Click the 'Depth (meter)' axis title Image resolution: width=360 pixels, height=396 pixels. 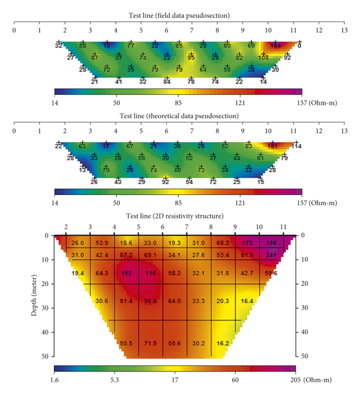35,295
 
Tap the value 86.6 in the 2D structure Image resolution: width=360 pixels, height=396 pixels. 150,301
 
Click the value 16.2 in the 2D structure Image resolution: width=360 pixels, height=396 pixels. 223,344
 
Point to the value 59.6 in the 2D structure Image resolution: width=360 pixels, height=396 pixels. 271,274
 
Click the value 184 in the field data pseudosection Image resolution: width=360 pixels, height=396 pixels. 275,46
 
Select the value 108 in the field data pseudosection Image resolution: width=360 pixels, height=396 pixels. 263,58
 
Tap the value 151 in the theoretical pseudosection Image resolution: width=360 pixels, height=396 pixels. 273,146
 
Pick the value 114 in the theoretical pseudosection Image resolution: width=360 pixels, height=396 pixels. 296,146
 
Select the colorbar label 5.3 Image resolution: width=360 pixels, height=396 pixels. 115,379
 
